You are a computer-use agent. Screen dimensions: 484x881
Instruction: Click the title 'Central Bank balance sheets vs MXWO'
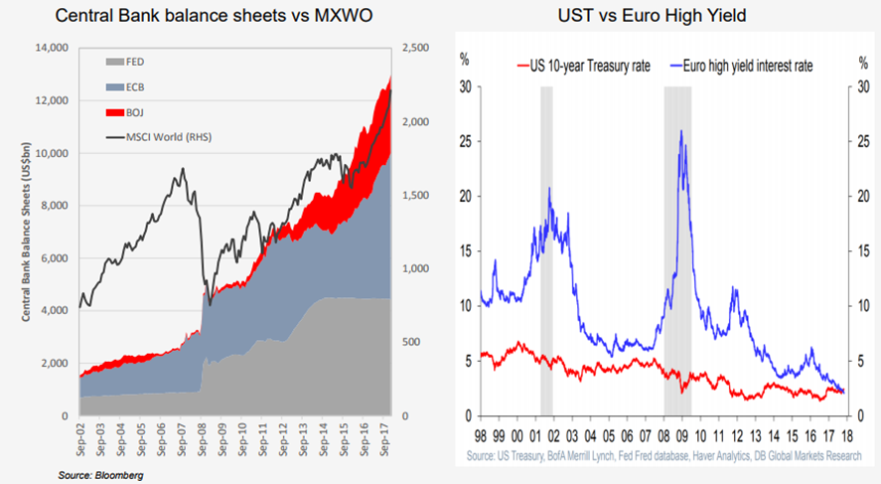[215, 17]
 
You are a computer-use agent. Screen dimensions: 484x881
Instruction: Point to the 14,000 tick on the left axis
[50, 48]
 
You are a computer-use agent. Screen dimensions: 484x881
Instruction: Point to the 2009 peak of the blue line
[680, 131]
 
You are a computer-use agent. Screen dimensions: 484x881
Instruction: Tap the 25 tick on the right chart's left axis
[464, 141]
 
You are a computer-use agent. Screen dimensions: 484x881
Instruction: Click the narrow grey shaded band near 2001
[546, 248]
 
